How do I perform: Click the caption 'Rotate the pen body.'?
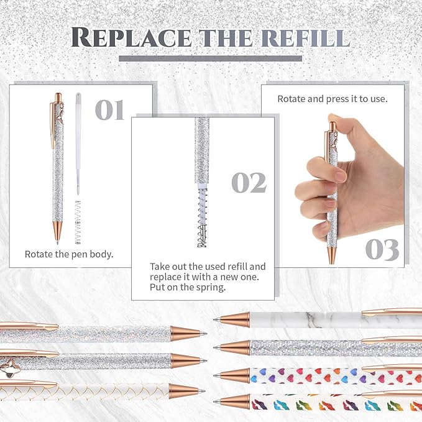click(68, 254)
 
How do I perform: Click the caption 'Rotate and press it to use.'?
click(333, 98)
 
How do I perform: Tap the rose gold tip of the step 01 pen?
click(56, 234)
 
